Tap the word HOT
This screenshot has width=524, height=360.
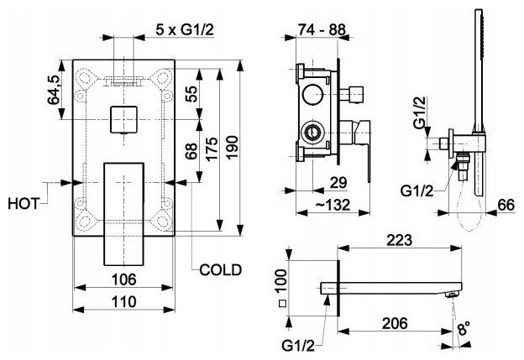click(24, 203)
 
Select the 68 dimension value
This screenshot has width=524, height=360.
click(191, 152)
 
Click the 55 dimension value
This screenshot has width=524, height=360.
click(191, 93)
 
